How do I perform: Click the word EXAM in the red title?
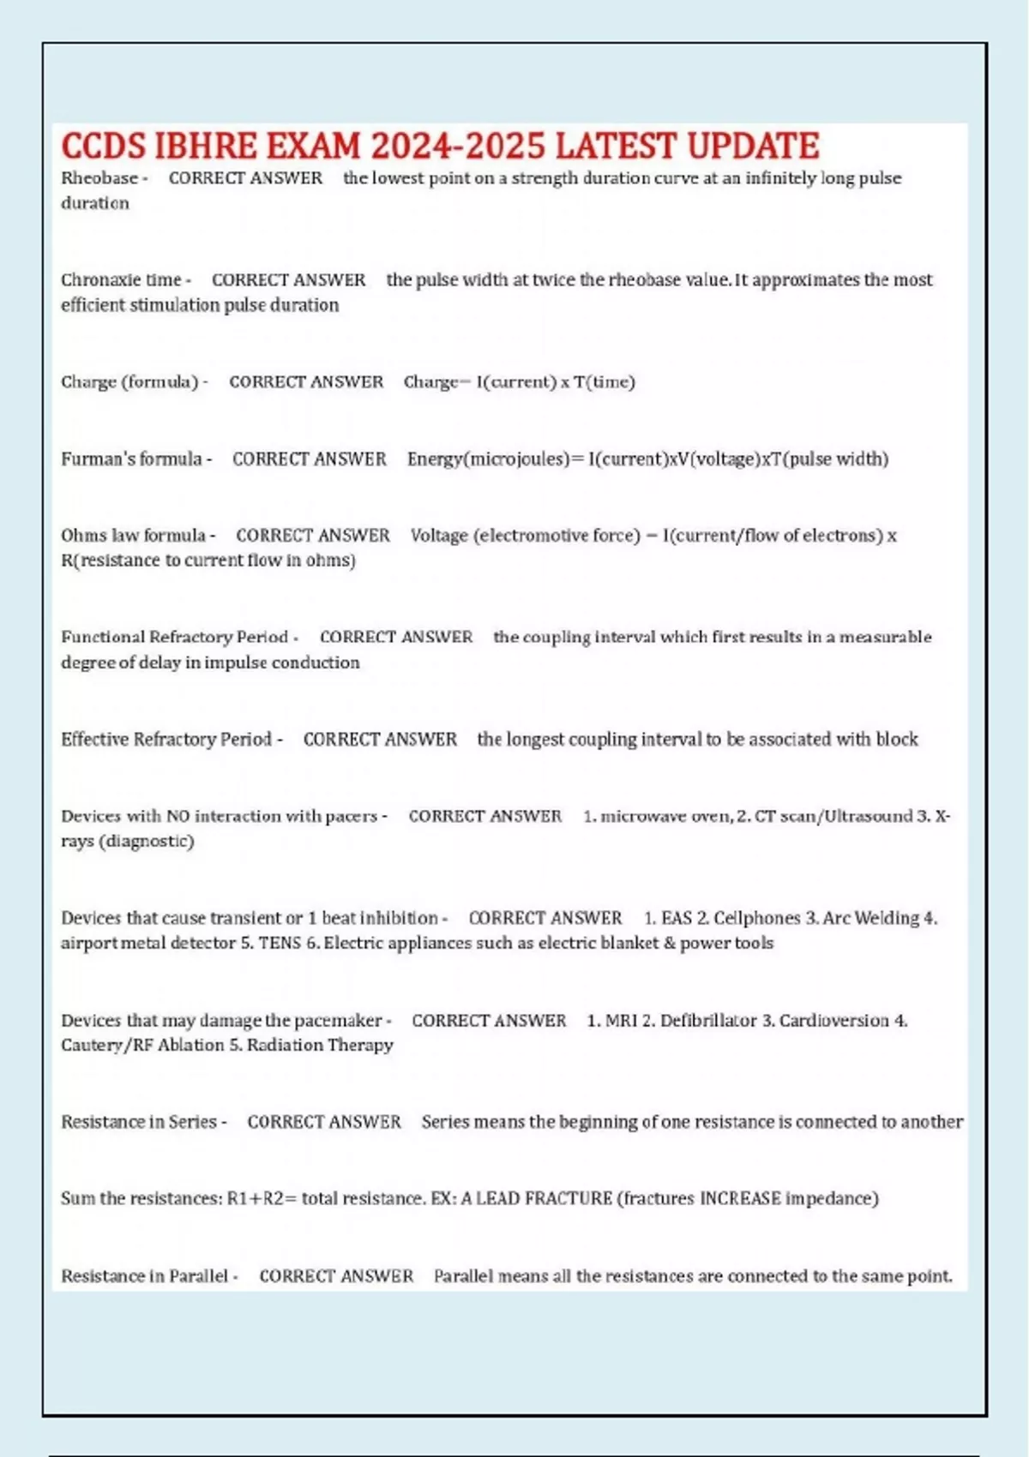[313, 147]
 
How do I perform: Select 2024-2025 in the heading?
[458, 147]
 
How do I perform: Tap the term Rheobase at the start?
[99, 178]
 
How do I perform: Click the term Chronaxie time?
[121, 280]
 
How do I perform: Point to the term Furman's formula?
[131, 459]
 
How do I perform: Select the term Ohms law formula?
[133, 536]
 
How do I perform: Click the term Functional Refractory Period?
[174, 637]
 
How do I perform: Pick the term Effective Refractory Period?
[165, 739]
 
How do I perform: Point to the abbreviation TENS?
[280, 943]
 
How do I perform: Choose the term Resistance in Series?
[138, 1122]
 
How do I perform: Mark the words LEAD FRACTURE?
[544, 1198]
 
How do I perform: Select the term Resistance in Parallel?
[144, 1276]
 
